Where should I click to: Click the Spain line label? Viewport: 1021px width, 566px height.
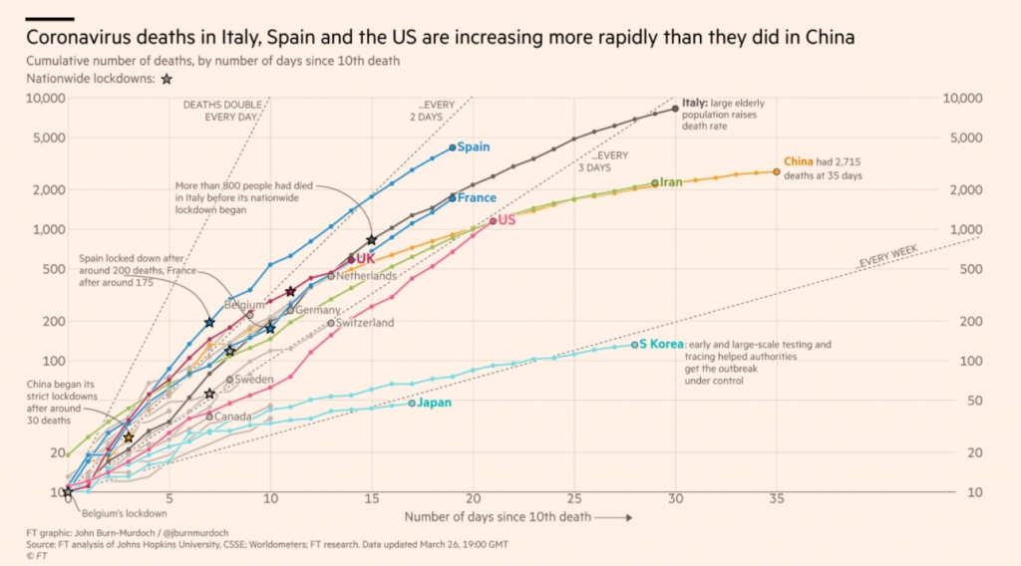tap(474, 147)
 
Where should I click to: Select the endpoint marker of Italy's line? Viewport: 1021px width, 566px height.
tap(676, 109)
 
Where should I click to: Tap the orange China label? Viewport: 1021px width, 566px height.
tap(799, 161)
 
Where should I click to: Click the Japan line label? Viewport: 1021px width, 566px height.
tap(435, 404)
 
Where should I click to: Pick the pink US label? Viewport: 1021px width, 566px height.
tap(507, 220)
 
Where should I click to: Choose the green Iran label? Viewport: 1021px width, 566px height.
tap(671, 182)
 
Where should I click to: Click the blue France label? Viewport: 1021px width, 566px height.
tap(477, 198)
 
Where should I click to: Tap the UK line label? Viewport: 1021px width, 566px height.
tap(365, 259)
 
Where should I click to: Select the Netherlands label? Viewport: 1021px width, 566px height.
tap(367, 276)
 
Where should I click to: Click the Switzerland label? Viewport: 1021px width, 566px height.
tap(365, 323)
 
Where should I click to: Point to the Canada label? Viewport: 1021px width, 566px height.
tap(233, 417)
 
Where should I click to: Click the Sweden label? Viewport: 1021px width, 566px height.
tap(253, 380)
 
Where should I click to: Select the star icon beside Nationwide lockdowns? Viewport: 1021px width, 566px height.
tap(167, 80)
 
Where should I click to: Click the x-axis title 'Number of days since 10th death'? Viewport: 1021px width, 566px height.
tap(498, 516)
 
